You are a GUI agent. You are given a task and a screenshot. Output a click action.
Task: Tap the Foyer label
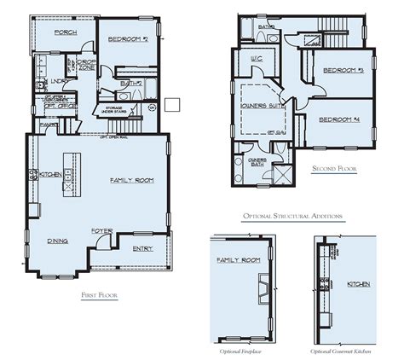tap(103, 230)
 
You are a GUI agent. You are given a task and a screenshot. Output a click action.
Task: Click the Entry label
tap(143, 249)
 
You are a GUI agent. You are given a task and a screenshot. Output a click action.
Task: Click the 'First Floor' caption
tap(99, 294)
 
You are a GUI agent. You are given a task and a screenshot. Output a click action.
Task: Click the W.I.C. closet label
tap(255, 61)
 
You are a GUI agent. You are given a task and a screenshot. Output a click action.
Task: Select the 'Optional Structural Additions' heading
tap(292, 217)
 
